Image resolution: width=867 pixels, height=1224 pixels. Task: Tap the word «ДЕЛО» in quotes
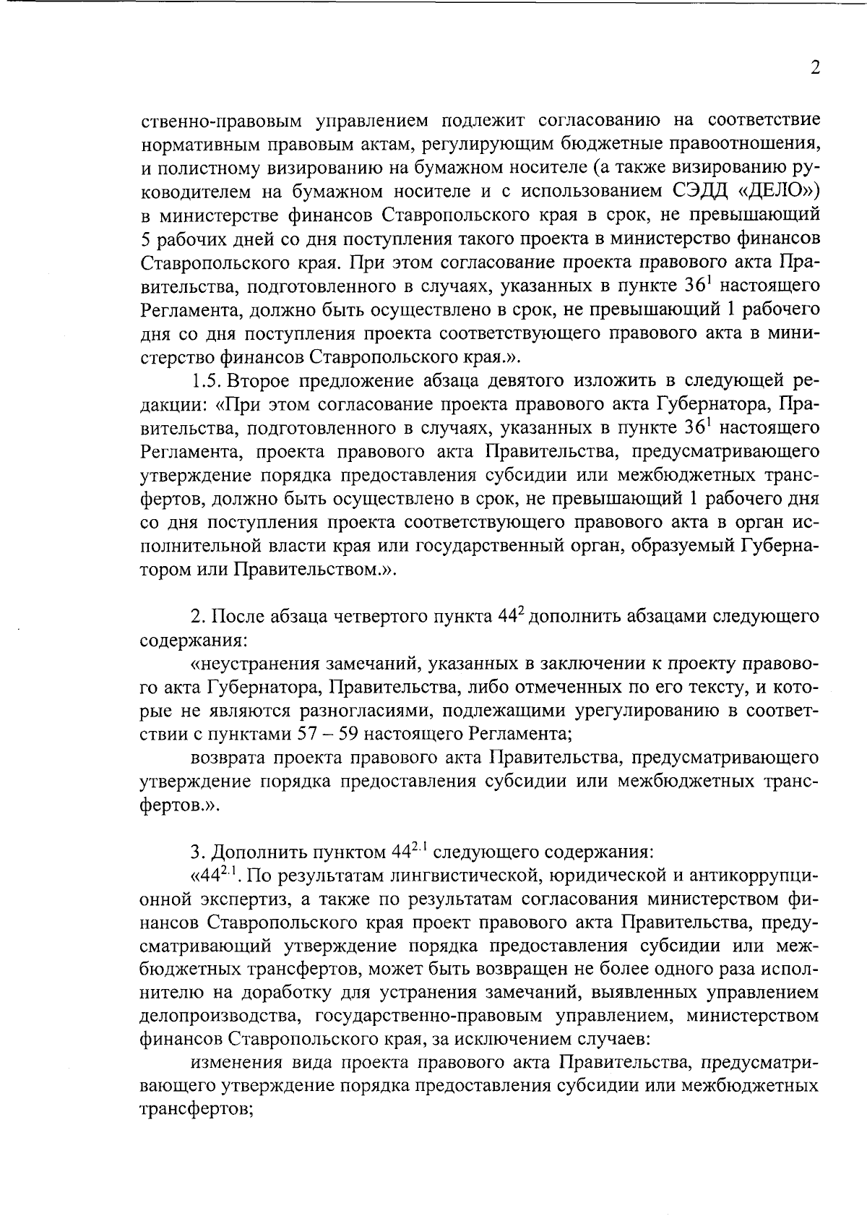point(777,192)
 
